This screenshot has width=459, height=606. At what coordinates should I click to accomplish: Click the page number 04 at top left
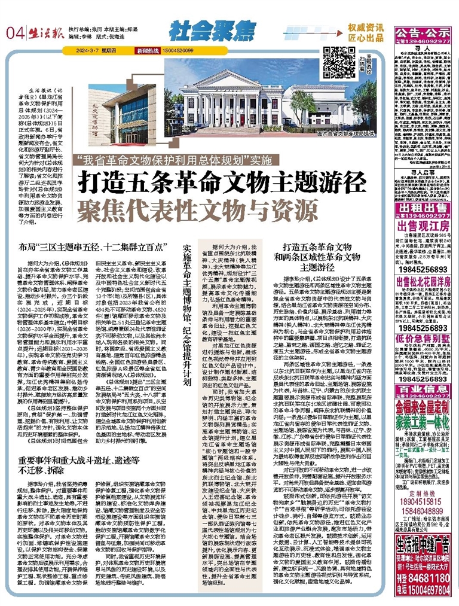[14, 32]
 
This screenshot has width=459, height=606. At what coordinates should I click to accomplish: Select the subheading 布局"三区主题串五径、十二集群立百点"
[101, 247]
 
